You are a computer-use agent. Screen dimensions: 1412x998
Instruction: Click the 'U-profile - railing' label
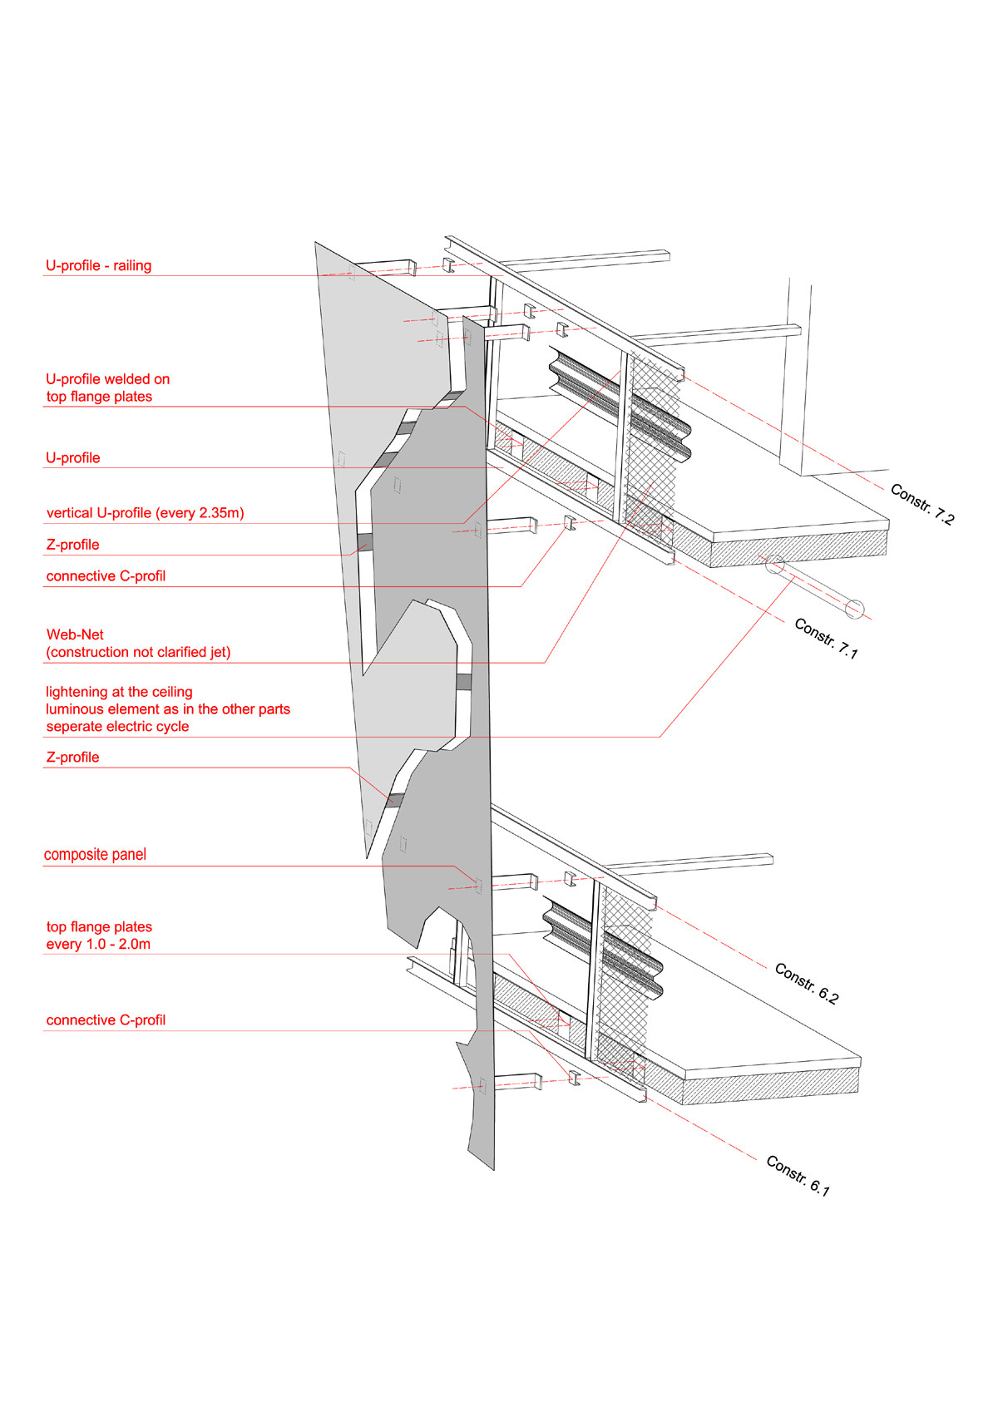98,266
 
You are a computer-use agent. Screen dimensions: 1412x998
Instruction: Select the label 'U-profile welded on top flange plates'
107,388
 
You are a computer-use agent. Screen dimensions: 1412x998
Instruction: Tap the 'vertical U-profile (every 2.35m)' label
145,513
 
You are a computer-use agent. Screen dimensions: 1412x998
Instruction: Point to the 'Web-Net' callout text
75,634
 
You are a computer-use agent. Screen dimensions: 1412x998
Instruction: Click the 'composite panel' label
95,855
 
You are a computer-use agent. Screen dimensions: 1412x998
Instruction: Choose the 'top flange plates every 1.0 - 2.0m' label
99,936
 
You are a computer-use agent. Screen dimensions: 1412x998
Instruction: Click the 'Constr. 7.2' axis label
922,504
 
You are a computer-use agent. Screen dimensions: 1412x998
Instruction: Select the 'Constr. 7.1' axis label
825,639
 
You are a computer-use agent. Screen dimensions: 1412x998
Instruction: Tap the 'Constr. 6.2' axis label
807,983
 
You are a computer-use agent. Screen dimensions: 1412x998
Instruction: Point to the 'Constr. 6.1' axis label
798,1175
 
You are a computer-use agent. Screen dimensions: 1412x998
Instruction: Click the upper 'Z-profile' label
72,545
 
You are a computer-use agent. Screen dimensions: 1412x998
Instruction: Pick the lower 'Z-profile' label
72,758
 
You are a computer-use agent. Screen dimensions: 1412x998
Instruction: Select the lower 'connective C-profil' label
106,1020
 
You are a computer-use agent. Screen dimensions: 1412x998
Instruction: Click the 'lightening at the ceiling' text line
119,692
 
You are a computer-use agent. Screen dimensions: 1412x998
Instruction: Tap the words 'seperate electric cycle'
117,727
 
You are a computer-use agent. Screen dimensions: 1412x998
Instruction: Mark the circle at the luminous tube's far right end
854,609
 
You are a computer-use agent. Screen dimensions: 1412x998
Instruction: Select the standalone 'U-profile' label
72,458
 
